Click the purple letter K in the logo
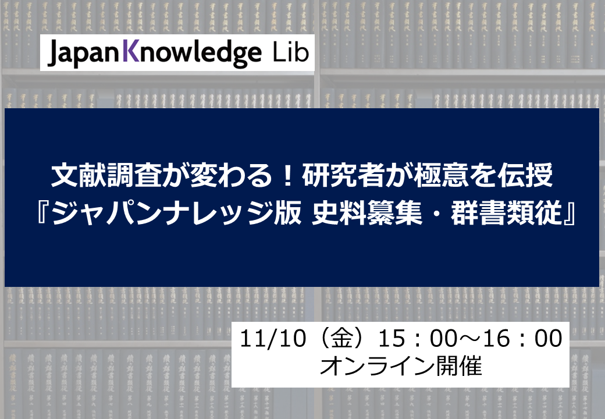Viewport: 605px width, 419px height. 131,52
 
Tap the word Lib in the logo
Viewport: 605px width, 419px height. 291,52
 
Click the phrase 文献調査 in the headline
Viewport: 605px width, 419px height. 106,176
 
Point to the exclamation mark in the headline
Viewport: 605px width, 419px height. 287,176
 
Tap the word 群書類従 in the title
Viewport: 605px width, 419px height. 506,214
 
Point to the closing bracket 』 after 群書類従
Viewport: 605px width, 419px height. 569,215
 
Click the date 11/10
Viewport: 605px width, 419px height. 272,338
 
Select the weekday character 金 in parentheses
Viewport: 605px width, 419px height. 342,338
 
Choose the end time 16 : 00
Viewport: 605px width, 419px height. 523,338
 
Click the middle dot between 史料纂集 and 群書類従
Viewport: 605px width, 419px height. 436,214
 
